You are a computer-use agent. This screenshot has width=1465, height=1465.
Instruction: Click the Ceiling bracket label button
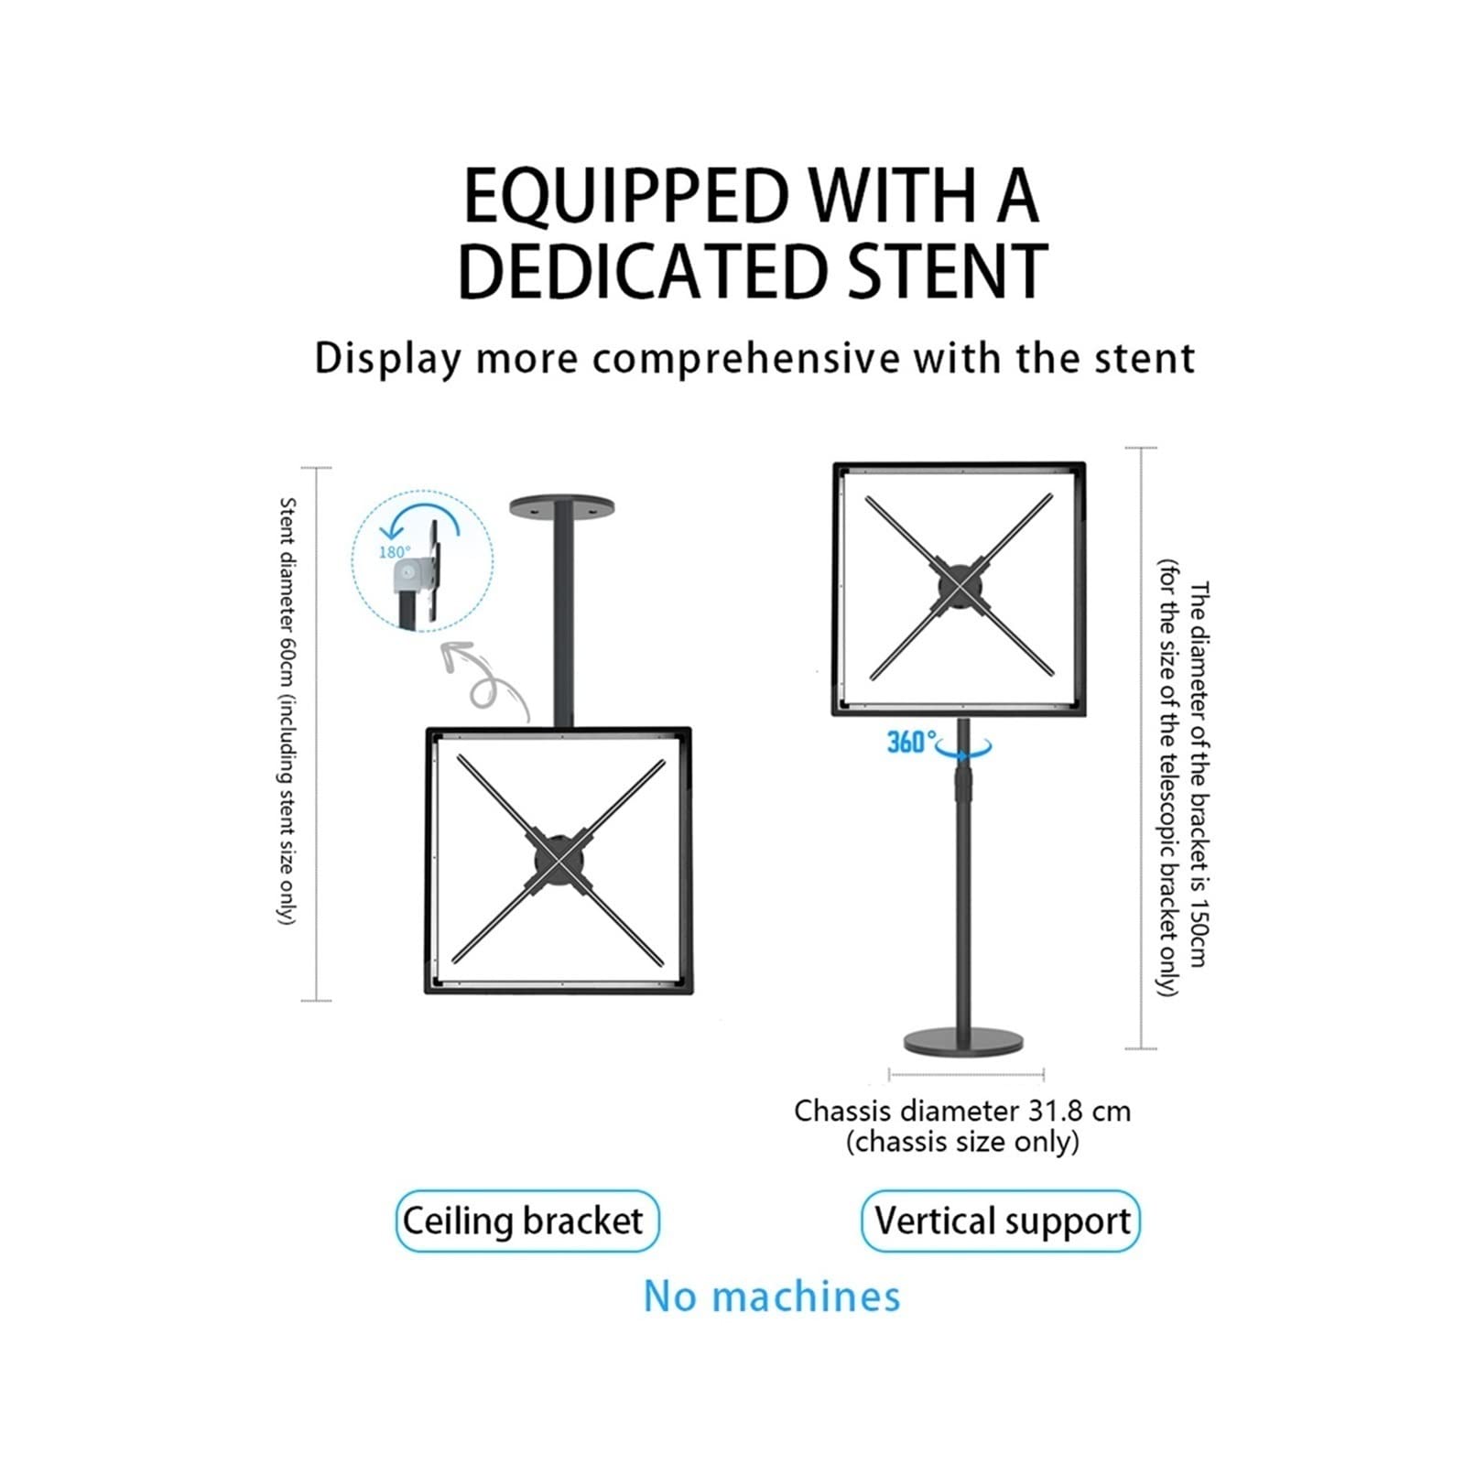pos(526,1221)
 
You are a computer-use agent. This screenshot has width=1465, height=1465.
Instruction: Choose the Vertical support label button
pos(1001,1221)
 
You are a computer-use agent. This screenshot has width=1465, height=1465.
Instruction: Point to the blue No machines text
pos(772,1297)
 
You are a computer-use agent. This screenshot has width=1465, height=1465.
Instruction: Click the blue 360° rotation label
pos(911,741)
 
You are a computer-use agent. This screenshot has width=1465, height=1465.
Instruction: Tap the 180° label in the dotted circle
pos(394,552)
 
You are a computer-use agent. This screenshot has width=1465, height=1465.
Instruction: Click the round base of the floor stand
pos(963,1041)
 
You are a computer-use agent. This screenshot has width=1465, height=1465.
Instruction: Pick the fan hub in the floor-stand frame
pos(958,585)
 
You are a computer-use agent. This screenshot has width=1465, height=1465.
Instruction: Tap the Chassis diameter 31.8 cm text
pos(962,1111)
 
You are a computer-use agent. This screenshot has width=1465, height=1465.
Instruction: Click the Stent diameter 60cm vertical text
pos(287,711)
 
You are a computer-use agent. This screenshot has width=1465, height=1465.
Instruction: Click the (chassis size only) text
pos(962,1143)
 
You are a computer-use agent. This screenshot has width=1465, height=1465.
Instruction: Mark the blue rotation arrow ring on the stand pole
pos(963,750)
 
